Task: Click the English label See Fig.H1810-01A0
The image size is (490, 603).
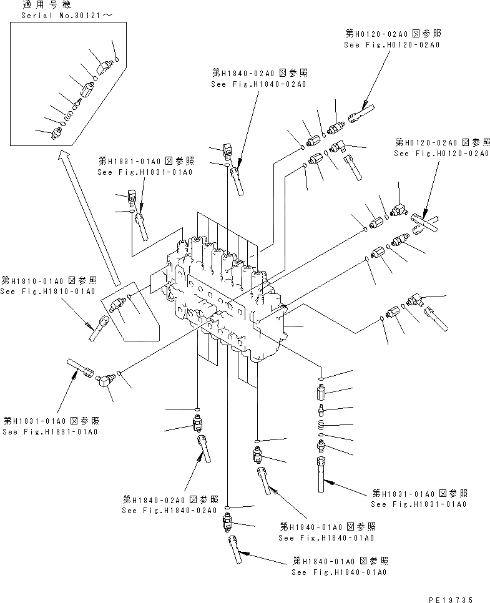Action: pos(47,291)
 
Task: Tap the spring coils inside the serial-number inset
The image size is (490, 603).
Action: pos(69,113)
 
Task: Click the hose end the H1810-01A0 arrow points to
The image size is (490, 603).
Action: pos(100,328)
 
